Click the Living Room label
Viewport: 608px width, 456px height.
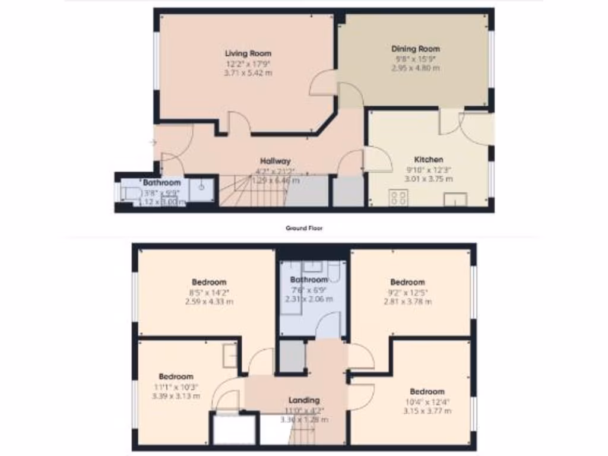click(248, 53)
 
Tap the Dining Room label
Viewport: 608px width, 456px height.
click(416, 49)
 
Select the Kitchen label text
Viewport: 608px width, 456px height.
click(429, 160)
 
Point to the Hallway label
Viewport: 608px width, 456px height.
click(275, 161)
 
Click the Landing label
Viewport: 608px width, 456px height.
click(304, 400)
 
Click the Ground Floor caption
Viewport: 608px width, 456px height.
click(304, 228)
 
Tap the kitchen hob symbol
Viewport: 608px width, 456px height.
click(398, 198)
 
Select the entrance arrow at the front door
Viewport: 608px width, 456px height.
click(153, 142)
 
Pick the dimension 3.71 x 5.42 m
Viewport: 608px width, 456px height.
click(248, 73)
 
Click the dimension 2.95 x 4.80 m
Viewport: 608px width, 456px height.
click(416, 68)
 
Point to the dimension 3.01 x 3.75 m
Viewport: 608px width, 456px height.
click(429, 179)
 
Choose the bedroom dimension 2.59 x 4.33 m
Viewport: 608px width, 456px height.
click(209, 302)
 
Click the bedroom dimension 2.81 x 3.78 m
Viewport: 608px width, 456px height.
click(407, 302)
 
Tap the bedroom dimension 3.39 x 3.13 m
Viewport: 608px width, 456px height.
click(176, 396)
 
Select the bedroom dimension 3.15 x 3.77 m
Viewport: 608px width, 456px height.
click(427, 411)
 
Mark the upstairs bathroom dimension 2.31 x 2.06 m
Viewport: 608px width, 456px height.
click(309, 299)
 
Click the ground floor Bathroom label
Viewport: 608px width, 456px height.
click(161, 183)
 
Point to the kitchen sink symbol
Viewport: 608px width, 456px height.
click(455, 199)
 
